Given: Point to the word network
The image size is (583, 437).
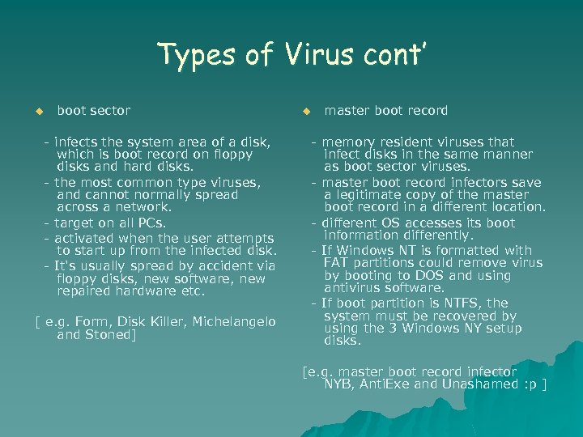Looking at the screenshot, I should tap(129, 207).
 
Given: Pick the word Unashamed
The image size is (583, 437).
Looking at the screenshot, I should tap(477, 384).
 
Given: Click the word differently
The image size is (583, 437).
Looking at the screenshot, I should tap(434, 235).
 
